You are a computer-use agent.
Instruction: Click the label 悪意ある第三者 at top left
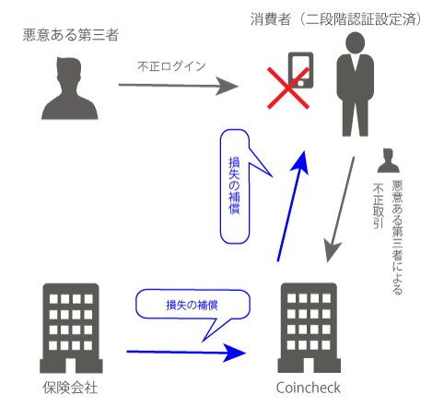[x=71, y=35]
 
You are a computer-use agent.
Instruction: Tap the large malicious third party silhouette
[x=70, y=88]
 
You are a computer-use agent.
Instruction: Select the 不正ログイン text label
[x=171, y=66]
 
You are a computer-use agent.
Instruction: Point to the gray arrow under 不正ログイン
[x=179, y=86]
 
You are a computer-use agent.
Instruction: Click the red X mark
[x=288, y=88]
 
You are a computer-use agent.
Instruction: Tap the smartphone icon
[x=300, y=70]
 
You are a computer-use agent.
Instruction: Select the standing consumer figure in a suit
[x=355, y=84]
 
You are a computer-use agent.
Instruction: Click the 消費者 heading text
[x=271, y=19]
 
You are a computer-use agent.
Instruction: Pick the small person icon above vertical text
[x=389, y=160]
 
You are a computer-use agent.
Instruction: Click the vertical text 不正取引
[x=379, y=206]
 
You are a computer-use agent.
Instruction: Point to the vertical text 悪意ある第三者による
[x=397, y=238]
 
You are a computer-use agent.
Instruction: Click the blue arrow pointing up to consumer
[x=292, y=206]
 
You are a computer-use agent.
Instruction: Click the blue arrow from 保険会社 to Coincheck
[x=186, y=353]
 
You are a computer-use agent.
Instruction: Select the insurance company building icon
[x=71, y=328]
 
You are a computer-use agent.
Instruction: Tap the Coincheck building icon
[x=309, y=328]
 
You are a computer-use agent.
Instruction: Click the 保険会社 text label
[x=70, y=388]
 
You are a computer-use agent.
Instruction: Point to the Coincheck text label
[x=309, y=388]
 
